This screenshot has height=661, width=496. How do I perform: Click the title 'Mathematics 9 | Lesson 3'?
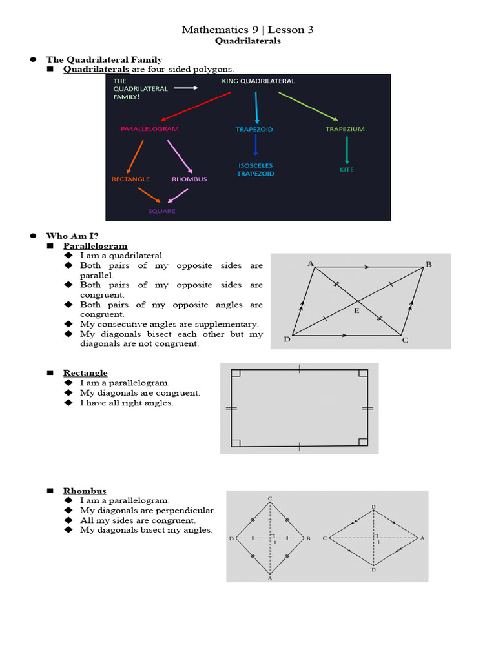coord(247,30)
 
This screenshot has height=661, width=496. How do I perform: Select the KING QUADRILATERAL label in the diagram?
coord(258,81)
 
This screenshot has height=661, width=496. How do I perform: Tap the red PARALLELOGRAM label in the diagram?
coord(149,129)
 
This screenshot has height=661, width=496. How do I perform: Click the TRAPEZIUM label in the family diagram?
coord(345,129)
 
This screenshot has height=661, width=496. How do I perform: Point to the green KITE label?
coord(347,170)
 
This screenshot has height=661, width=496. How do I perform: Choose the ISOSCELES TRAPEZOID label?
coord(256,169)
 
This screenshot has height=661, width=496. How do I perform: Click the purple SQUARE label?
coord(161,211)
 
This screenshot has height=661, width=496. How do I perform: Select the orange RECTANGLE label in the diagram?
coord(130,179)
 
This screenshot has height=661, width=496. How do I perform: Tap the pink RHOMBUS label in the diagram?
coord(189,179)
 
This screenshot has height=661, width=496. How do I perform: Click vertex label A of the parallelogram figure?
coord(311,263)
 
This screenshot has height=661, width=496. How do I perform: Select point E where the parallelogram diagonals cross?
coord(356,310)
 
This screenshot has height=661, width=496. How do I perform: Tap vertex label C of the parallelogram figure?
coord(406,340)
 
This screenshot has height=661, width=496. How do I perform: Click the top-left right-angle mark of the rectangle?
coord(236,373)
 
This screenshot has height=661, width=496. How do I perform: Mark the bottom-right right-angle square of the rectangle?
coord(363,442)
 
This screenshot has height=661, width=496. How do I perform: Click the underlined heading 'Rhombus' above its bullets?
coord(85,491)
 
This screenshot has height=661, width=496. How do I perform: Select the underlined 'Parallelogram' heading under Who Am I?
coord(95,246)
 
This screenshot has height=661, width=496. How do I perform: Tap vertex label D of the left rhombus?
coord(231,538)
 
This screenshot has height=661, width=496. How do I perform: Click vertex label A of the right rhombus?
coord(422,538)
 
